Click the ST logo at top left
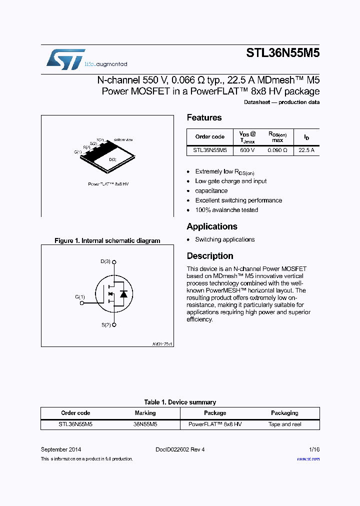tap(65, 59)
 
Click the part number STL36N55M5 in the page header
tap(282, 53)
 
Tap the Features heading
tap(204, 117)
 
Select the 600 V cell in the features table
tap(247, 150)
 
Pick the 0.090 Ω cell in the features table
tap(277, 150)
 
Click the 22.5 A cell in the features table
tap(306, 150)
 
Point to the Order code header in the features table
tap(210, 136)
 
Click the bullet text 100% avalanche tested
tap(226, 210)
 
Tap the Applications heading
tap(212, 226)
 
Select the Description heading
tap(210, 256)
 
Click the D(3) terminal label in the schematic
tap(105, 261)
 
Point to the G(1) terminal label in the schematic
tap(80, 297)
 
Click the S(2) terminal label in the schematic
tap(106, 325)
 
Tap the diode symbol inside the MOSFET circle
tap(123, 294)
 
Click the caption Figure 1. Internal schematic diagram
tap(107, 240)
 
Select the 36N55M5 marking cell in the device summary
tap(145, 424)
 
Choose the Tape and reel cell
tap(285, 424)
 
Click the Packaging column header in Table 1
tap(284, 413)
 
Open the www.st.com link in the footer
tap(308, 458)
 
